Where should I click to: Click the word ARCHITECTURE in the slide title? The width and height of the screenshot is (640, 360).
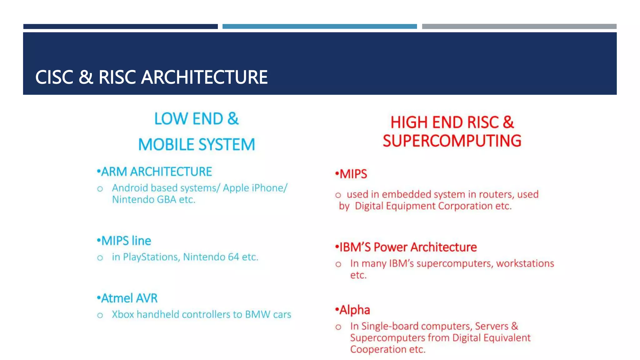coord(204,77)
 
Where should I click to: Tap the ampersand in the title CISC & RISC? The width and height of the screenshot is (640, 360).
coord(86,77)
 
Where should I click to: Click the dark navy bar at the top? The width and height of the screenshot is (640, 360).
coord(120,27)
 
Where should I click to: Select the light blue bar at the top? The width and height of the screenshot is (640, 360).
coord(319,27)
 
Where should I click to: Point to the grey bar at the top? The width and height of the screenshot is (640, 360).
coord(519,27)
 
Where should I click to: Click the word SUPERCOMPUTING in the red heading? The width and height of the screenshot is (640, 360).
coord(452,141)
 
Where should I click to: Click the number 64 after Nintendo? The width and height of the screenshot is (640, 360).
coord(233,257)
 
